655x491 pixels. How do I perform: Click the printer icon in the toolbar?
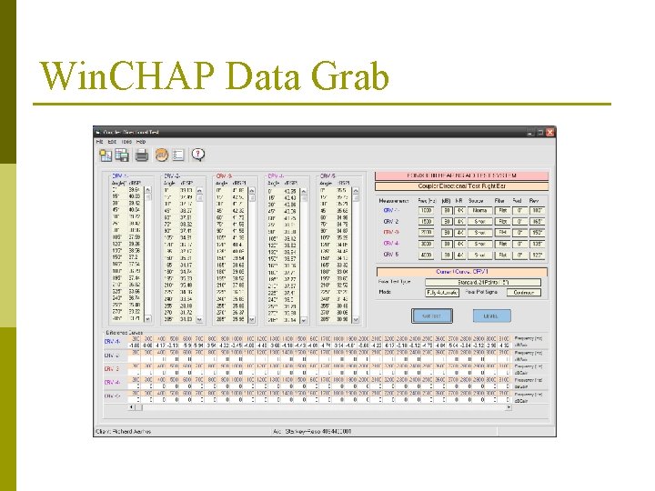tap(143, 155)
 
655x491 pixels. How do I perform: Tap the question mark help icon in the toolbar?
tap(197, 155)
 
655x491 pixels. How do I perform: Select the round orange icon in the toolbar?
tap(161, 155)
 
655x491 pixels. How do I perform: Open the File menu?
tap(101, 142)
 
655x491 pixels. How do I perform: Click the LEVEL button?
tap(491, 316)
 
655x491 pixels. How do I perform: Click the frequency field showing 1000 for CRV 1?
tap(426, 209)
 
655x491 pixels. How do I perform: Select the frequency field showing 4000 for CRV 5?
tap(426, 255)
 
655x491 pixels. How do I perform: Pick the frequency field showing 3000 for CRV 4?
tap(426, 243)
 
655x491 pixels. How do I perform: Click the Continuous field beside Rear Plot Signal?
tap(523, 292)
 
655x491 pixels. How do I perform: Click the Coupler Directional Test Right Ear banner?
tap(463, 185)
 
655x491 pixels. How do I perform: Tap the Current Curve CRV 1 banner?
tap(463, 271)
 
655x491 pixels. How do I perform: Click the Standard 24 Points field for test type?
tap(484, 282)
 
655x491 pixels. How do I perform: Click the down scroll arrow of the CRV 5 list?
tap(365, 319)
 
